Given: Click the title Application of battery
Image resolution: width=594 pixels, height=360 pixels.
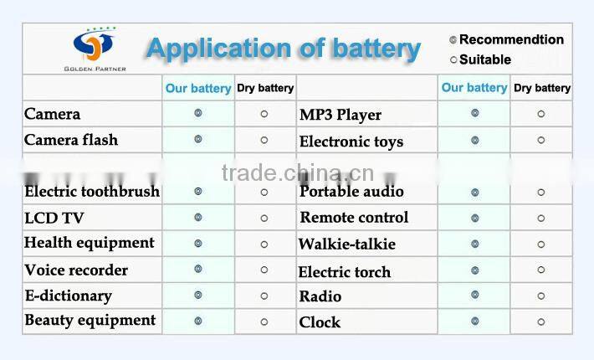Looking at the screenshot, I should click(x=283, y=49).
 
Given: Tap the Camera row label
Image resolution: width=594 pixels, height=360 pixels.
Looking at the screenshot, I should click(x=52, y=114).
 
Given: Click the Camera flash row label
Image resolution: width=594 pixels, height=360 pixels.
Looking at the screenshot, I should click(x=71, y=140).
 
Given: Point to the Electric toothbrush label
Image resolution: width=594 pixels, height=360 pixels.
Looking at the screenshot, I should click(x=91, y=192).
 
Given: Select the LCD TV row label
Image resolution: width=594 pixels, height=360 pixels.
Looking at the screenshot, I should click(x=54, y=218).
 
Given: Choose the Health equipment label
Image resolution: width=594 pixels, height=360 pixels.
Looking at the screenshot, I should click(x=90, y=243).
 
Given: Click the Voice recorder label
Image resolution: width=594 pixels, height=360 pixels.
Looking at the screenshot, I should click(x=76, y=270).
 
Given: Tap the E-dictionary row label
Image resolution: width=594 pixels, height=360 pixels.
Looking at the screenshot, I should click(x=68, y=296).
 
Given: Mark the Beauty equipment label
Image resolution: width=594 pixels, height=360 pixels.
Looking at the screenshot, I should click(x=90, y=321).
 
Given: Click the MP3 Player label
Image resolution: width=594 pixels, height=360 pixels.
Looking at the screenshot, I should click(x=341, y=115).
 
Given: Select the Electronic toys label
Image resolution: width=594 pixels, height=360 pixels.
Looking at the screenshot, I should click(x=351, y=141).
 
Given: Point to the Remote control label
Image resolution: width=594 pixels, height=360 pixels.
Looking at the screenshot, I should click(x=355, y=218).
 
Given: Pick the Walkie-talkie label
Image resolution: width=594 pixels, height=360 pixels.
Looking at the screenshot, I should click(x=347, y=244).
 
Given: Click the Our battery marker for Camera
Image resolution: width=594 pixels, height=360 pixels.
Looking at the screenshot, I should click(x=198, y=113).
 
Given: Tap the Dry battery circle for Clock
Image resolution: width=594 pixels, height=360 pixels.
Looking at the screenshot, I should click(x=540, y=321).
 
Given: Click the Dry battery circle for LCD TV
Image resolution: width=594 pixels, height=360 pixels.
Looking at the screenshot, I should click(x=264, y=218).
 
